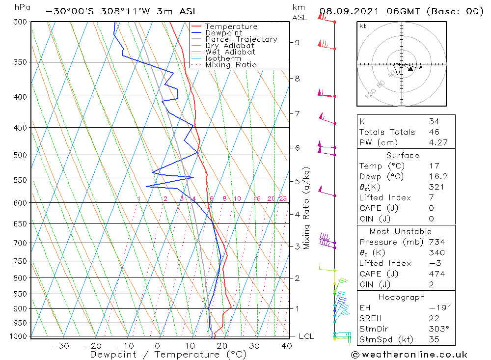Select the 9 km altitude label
pos(297,42)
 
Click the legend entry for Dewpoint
pos(223,33)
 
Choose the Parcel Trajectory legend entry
pos(241,39)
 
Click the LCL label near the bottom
pos(306,336)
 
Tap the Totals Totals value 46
pos(434,132)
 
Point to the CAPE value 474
pos(436,274)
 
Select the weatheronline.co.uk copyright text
pos(409,354)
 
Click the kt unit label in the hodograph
pos(363,26)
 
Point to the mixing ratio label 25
pos(283,198)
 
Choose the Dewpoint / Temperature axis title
pos(168,355)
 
